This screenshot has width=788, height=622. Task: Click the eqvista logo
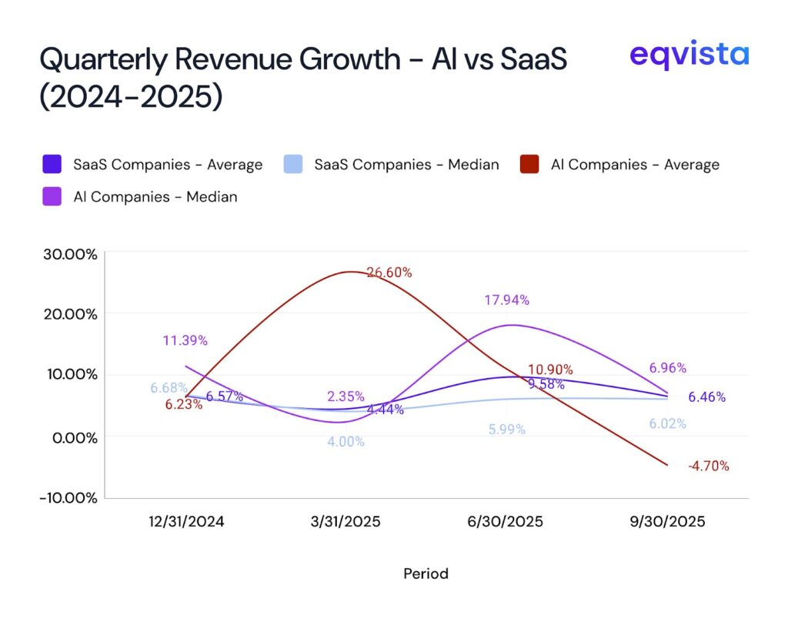coord(688,55)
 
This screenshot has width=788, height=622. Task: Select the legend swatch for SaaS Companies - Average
coord(52,164)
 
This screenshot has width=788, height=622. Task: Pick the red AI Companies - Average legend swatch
coord(529,164)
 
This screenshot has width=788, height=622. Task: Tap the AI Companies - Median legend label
coord(155,196)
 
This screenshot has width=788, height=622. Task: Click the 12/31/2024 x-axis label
coord(186,521)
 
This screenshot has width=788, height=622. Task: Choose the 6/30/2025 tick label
coord(506,521)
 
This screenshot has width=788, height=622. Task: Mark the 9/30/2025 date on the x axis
coord(667,521)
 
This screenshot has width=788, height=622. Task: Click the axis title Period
coord(426,574)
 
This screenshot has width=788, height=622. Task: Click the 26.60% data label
coord(389,272)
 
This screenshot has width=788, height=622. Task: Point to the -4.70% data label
coord(708,465)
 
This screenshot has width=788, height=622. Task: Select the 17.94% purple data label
coord(506,300)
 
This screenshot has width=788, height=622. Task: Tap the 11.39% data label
coord(185,340)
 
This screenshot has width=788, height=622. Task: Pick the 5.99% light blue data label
coord(506,430)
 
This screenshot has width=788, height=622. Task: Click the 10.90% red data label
coord(550,370)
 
